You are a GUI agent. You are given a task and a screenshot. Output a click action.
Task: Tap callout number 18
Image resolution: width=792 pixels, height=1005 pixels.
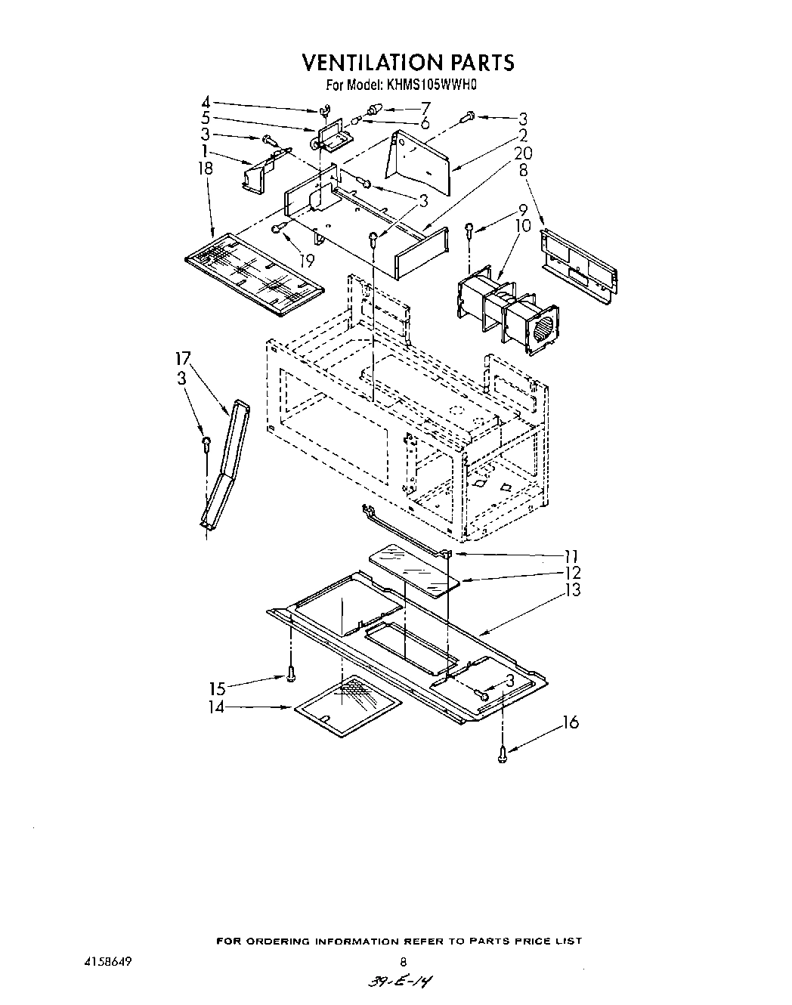click(205, 169)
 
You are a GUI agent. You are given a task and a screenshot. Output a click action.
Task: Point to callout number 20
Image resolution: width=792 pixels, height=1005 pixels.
click(522, 154)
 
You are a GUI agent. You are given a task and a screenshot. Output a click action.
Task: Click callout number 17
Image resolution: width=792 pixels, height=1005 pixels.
click(184, 357)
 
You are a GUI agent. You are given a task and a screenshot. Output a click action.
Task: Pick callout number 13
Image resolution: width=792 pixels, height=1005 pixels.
click(572, 590)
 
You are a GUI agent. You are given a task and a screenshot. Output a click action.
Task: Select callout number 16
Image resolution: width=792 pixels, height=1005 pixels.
click(571, 722)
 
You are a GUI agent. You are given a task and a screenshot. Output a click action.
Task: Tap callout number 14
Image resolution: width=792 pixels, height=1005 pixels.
click(217, 708)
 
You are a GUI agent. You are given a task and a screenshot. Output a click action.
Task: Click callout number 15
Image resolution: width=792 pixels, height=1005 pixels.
click(217, 688)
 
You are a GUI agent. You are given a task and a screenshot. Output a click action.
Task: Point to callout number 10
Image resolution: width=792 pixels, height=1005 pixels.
click(523, 226)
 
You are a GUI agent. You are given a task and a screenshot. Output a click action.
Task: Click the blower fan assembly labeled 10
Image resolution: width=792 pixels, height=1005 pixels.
click(507, 312)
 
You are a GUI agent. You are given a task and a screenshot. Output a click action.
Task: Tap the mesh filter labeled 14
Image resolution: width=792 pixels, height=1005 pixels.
click(347, 705)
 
